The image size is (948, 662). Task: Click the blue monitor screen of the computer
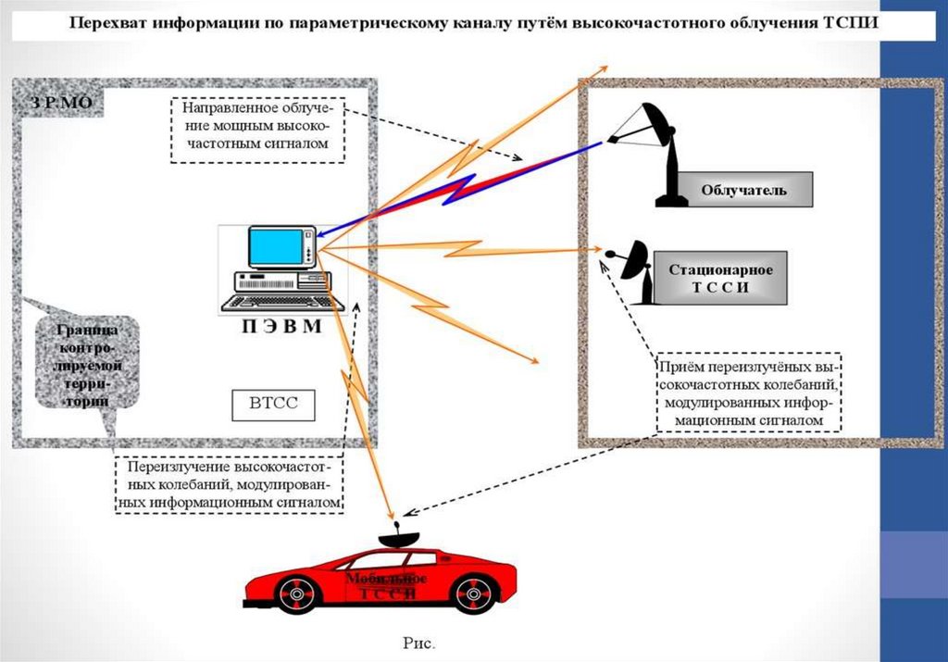click(x=276, y=246)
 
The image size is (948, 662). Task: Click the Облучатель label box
click(x=743, y=190)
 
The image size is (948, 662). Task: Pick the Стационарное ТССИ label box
click(x=720, y=277)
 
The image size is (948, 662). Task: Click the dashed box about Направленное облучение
click(x=256, y=130)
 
